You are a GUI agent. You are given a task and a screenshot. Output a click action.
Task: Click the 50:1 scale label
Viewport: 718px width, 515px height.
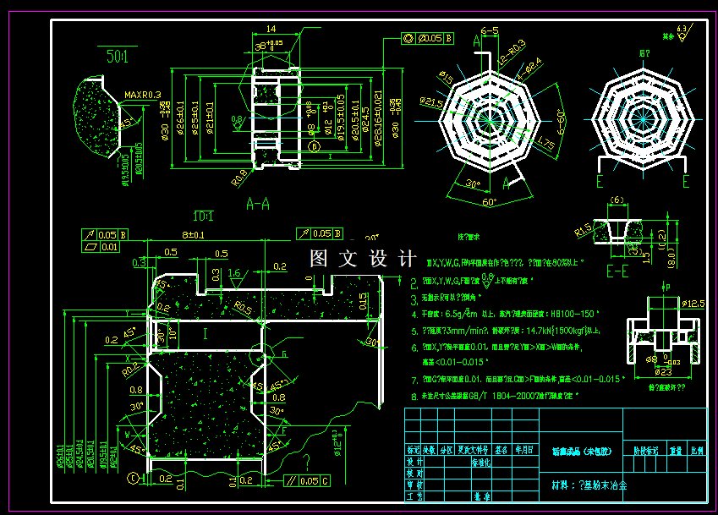pyautogui.click(x=118, y=58)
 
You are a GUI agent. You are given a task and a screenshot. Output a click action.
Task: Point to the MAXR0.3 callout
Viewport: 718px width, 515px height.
pyautogui.click(x=143, y=96)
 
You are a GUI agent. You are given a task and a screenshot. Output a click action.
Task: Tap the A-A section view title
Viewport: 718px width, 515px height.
pyautogui.click(x=258, y=204)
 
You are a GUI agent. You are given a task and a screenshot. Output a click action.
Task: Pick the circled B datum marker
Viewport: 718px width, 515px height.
pyautogui.click(x=315, y=146)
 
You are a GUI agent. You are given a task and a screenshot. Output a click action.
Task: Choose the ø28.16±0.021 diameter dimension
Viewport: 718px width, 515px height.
pyautogui.click(x=378, y=118)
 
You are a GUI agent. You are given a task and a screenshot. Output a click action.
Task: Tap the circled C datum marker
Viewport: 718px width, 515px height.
pyautogui.click(x=133, y=479)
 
